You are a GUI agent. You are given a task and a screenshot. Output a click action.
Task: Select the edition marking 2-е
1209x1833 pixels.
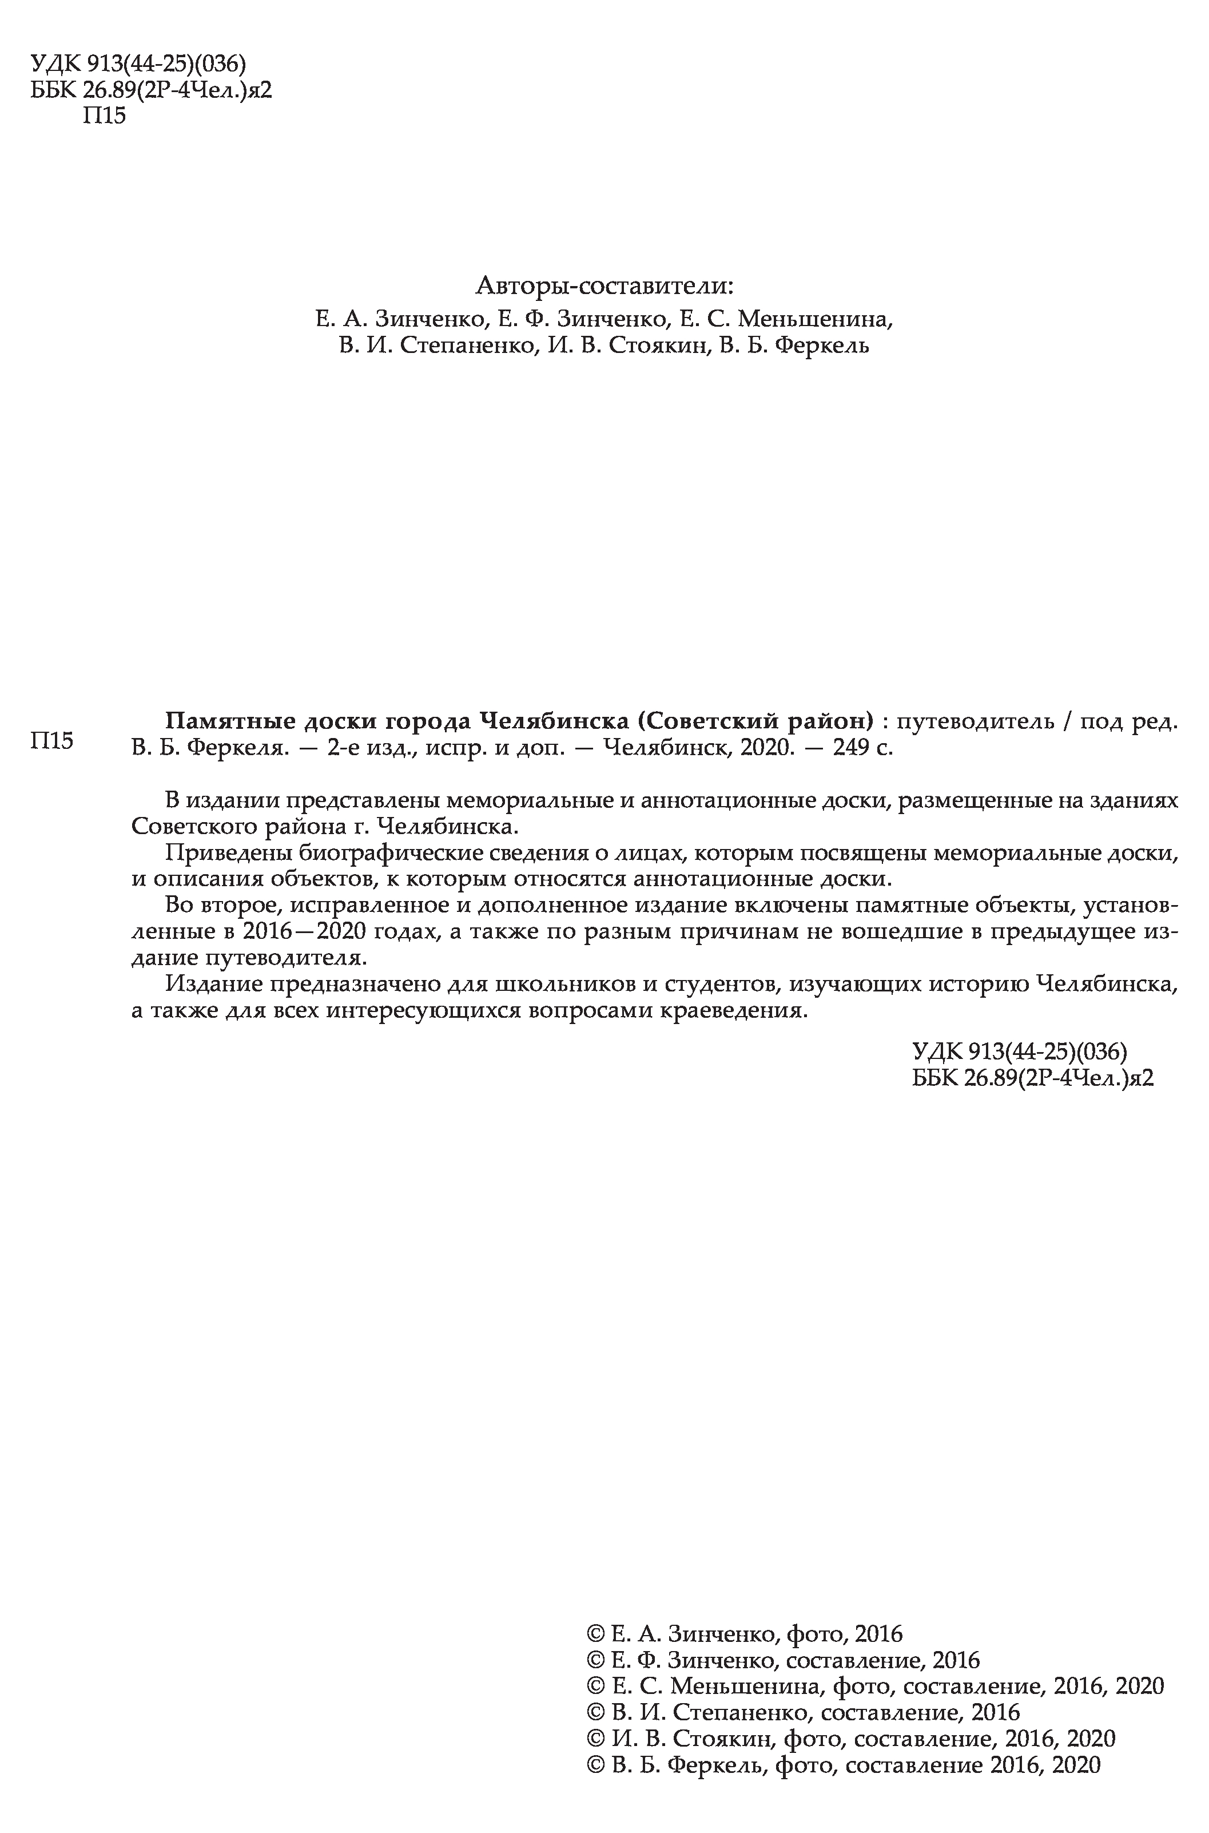click(x=343, y=748)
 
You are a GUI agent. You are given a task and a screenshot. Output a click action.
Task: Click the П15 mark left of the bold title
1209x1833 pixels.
click(x=51, y=741)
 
